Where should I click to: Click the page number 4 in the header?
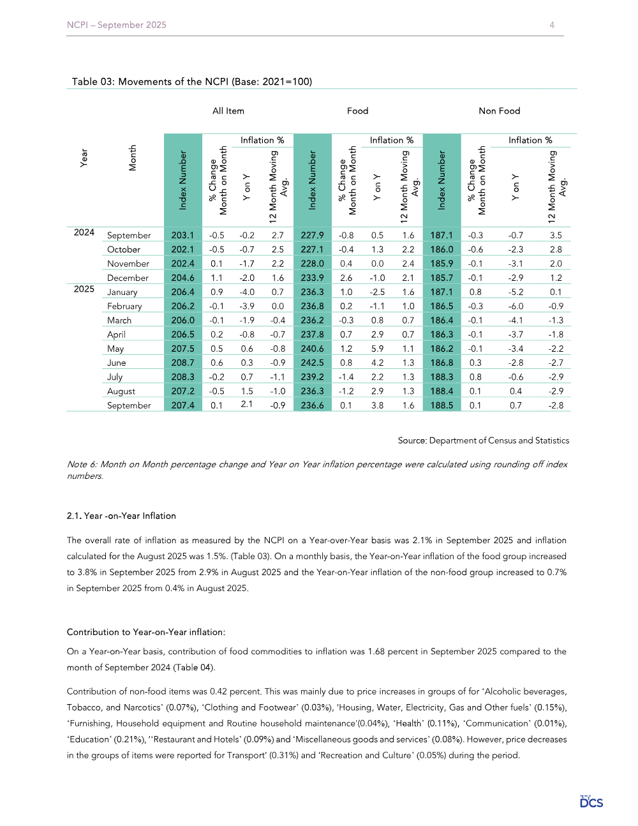pyautogui.click(x=552, y=25)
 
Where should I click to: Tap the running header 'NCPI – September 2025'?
pyautogui.click(x=117, y=25)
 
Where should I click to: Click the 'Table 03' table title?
pyautogui.click(x=191, y=82)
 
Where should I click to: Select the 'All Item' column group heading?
pyautogui.click(x=228, y=111)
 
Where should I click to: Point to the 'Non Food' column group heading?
pyautogui.click(x=500, y=111)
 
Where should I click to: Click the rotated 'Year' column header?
pyautogui.click(x=84, y=158)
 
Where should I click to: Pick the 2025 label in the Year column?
pyautogui.click(x=84, y=289)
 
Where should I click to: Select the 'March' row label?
pyautogui.click(x=119, y=320)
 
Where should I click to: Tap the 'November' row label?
pyautogui.click(x=128, y=264)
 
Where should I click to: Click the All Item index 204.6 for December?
pyautogui.click(x=182, y=278)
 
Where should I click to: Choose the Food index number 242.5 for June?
pyautogui.click(x=313, y=363)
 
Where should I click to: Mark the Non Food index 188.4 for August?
pyautogui.click(x=441, y=391)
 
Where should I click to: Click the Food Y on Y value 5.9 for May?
pyautogui.click(x=378, y=349)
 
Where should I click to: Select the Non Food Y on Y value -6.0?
pyautogui.click(x=516, y=306)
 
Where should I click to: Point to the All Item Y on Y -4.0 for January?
pyautogui.click(x=247, y=292)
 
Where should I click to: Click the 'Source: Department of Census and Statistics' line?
pyautogui.click(x=484, y=440)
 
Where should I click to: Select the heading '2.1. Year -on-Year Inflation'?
pyautogui.click(x=121, y=516)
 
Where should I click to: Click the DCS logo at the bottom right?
pyautogui.click(x=591, y=802)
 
